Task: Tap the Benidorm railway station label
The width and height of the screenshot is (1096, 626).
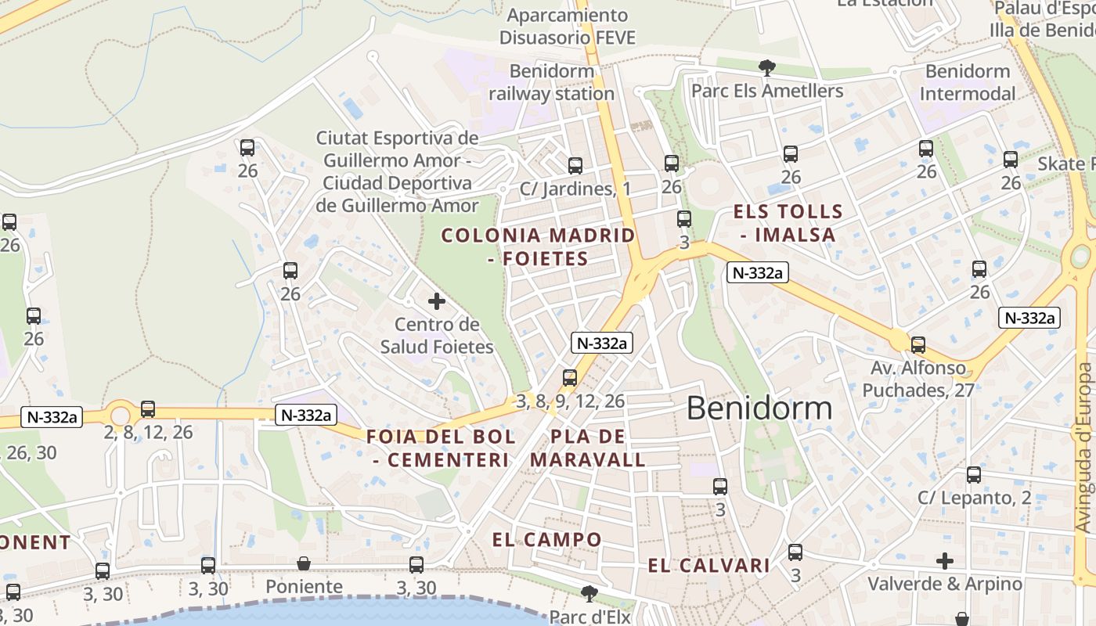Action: coord(551,82)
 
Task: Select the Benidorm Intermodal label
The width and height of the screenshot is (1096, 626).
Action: coord(968,82)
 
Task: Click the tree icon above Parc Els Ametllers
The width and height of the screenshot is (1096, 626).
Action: coord(766,68)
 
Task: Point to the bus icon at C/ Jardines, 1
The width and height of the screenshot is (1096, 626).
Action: coord(575,165)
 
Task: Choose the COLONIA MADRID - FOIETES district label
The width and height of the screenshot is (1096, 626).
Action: coord(538,246)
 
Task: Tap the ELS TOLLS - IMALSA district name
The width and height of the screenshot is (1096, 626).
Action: coord(788,223)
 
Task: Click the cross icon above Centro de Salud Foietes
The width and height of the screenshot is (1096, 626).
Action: coord(437,301)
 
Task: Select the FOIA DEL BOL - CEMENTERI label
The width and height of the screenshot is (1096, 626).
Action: coord(442,448)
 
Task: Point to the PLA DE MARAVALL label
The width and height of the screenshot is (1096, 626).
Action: coord(588,448)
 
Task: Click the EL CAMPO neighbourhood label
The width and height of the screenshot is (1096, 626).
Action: coord(547,539)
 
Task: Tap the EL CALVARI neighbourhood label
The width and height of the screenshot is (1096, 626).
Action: coord(709,566)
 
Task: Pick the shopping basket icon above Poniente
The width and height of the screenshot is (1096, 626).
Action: coord(304,563)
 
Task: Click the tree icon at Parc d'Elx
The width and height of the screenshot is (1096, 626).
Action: coord(589,592)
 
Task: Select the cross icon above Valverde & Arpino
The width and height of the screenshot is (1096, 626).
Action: coord(945,561)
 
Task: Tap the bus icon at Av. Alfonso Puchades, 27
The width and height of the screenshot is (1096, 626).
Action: coord(918,344)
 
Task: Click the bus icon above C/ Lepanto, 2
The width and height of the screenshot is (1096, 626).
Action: coord(974,475)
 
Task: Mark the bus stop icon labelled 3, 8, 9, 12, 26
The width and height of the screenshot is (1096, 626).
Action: coord(570,378)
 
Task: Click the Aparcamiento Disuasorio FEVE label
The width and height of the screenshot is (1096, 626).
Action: coord(568,26)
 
